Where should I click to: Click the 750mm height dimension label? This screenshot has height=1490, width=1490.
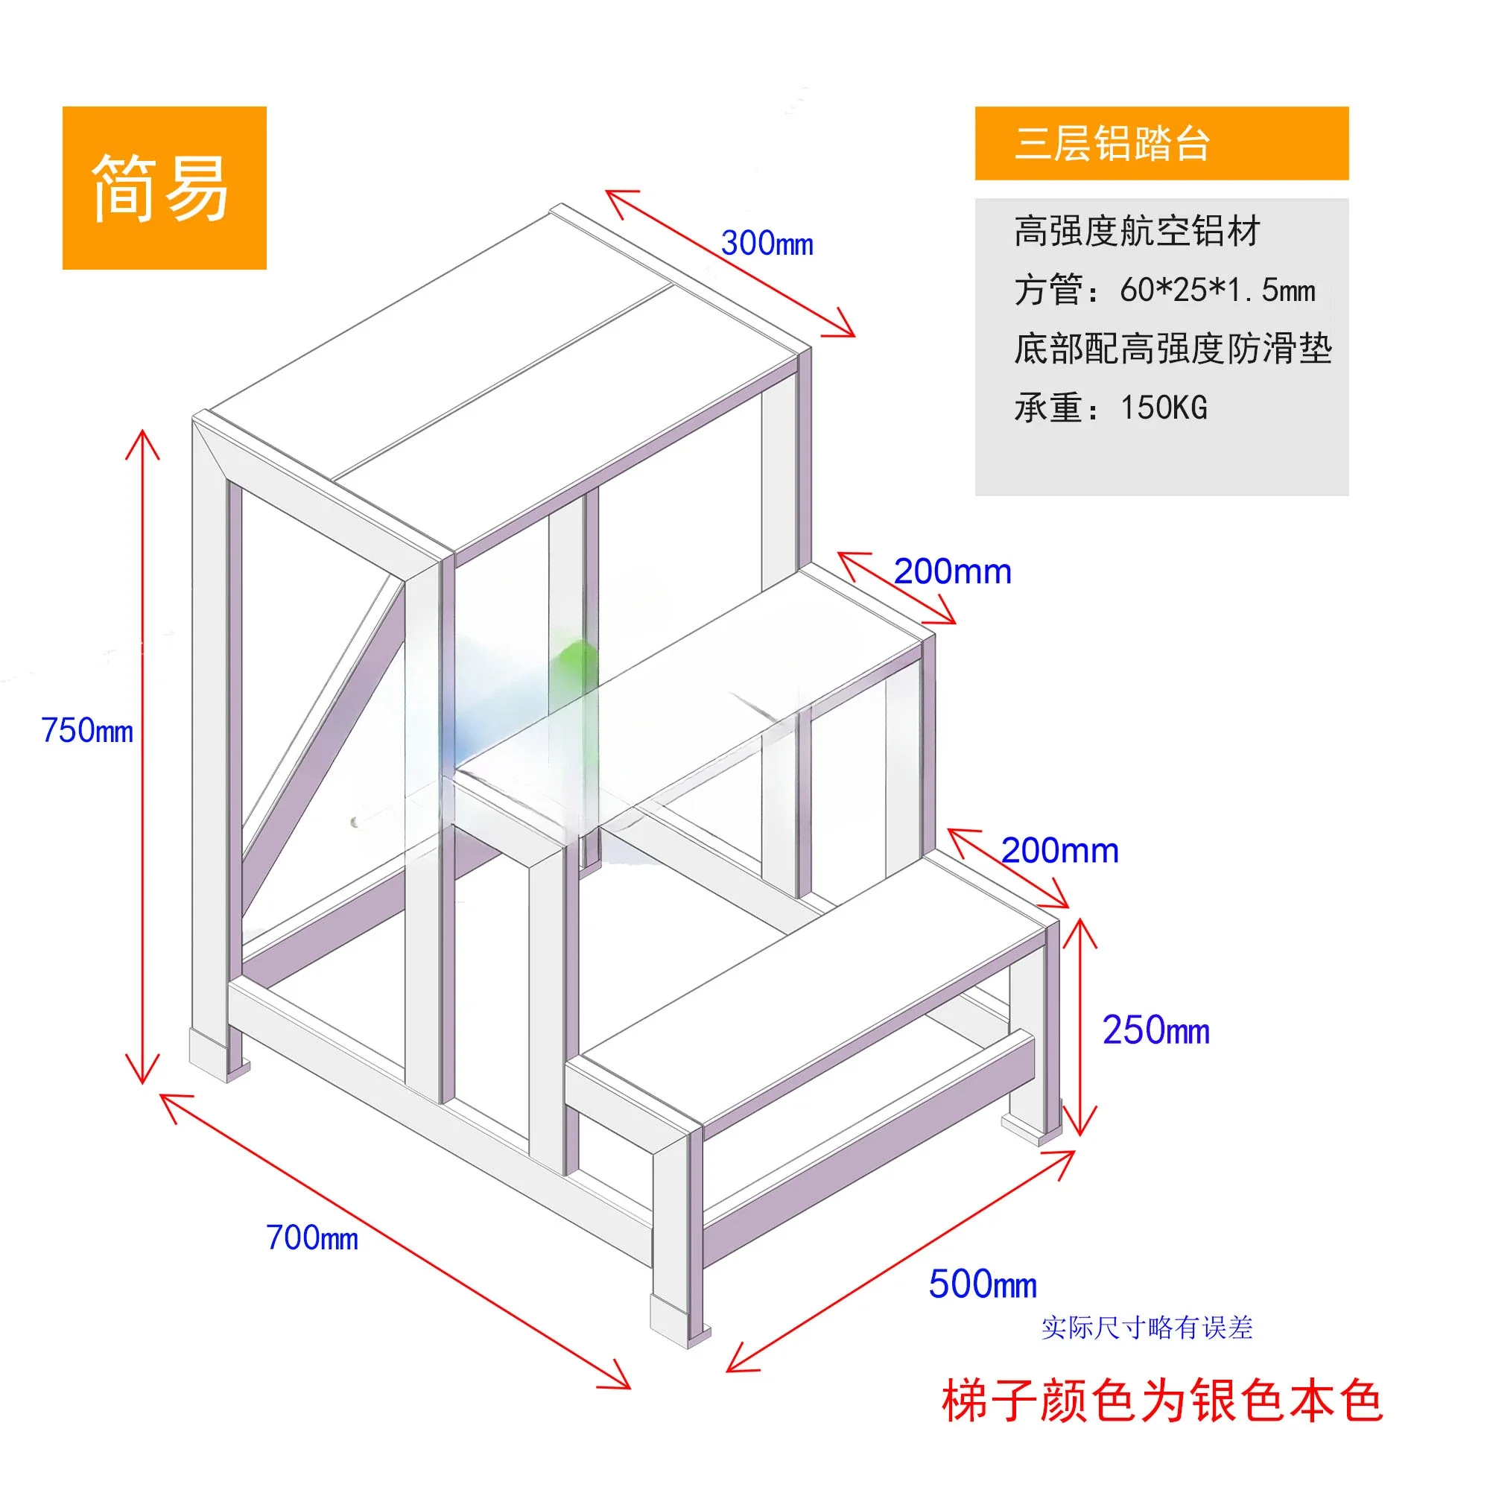pos(87,730)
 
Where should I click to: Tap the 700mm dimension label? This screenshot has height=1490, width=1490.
pos(311,1237)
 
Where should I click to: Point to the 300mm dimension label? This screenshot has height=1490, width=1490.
pos(767,244)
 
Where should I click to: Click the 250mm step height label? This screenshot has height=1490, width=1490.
pos(1155,1030)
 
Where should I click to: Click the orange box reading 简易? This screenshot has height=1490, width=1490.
pos(164,188)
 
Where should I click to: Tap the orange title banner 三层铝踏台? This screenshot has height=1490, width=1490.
pos(1161,144)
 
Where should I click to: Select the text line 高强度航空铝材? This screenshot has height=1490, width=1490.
pos(1136,231)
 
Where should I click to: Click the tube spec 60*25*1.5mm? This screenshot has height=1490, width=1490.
pos(1217,290)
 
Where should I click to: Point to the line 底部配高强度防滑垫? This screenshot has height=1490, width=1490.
pos(1172,349)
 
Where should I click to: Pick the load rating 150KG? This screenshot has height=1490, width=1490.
pos(1163,408)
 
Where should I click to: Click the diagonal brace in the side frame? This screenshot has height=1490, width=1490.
pos(324,741)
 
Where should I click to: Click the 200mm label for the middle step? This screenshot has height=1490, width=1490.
pos(951,571)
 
